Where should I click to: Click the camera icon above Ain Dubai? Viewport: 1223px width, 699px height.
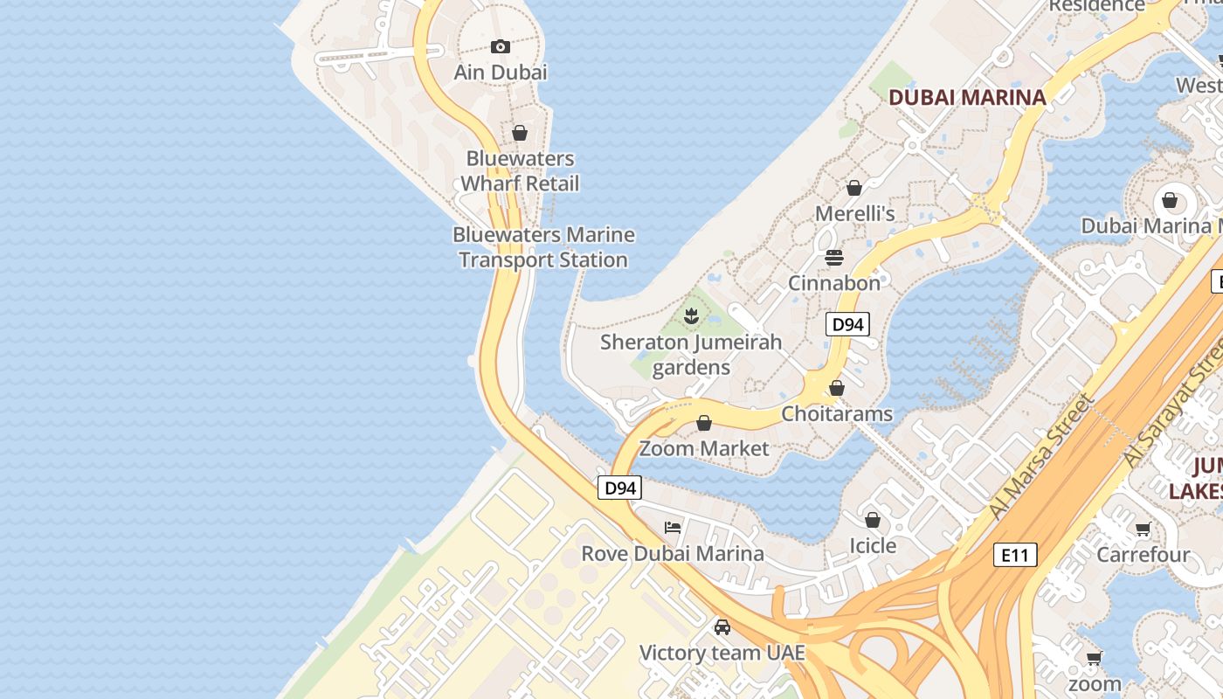(x=501, y=46)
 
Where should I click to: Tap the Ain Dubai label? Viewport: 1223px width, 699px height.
(x=501, y=72)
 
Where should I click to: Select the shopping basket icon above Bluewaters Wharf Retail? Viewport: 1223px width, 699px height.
(x=520, y=133)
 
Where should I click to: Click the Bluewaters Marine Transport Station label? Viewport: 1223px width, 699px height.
(x=543, y=247)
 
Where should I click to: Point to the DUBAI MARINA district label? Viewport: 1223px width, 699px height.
(x=967, y=97)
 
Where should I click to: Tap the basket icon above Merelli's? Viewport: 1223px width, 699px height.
(x=854, y=188)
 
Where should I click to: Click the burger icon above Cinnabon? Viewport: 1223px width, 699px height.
(x=834, y=258)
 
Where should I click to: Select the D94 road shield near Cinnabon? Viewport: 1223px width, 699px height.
(x=847, y=324)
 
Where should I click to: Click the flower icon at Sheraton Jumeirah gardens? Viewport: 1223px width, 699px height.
(x=691, y=315)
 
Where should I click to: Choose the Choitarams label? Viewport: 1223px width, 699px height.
(x=837, y=413)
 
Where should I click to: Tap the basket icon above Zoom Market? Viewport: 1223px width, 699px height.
(x=704, y=424)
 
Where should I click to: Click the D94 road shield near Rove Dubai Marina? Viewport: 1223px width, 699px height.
(x=620, y=488)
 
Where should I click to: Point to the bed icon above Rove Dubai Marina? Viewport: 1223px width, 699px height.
(x=673, y=527)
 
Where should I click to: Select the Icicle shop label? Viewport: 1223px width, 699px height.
(x=873, y=546)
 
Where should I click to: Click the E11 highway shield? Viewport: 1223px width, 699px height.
(x=1015, y=554)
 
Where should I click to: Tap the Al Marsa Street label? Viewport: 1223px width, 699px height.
(x=1040, y=457)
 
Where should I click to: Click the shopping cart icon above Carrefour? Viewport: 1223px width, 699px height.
(x=1143, y=529)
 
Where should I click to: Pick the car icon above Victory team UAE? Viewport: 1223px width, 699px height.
(x=722, y=627)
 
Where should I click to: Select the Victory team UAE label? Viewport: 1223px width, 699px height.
(x=722, y=654)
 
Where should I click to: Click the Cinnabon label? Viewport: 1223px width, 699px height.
(x=834, y=283)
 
